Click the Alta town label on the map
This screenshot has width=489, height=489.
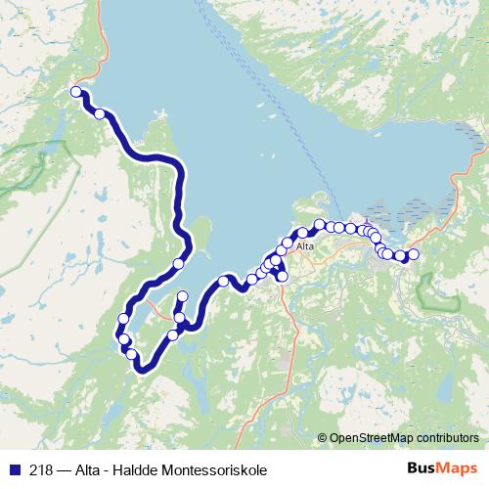(304, 247)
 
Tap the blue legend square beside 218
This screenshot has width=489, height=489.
(15, 468)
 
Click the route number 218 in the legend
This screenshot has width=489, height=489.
(41, 468)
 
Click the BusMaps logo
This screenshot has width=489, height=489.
(443, 467)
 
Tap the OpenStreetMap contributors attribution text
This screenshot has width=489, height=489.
(404, 437)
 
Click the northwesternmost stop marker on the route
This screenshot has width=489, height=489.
(75, 92)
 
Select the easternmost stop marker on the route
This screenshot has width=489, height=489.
(413, 254)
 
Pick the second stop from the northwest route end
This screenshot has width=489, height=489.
(100, 114)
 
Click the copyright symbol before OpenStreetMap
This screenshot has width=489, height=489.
(322, 437)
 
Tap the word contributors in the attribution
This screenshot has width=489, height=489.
(444, 437)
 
